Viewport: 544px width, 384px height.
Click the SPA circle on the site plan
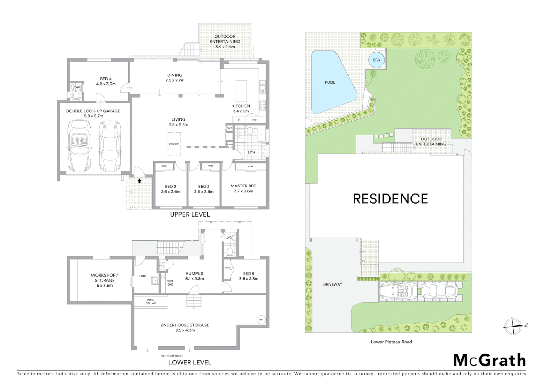pos(376,60)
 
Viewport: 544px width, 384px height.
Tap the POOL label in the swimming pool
pos(330,82)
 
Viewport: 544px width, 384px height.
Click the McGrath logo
pos(489,360)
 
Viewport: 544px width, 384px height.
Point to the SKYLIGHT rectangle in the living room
pos(174,144)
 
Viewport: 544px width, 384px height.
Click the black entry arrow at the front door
pos(140,181)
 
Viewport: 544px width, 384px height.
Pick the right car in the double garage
pos(109,146)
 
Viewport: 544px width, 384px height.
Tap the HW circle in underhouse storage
pos(261,319)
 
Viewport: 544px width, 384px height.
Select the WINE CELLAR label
pos(151,302)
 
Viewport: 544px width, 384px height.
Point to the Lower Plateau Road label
pos(391,342)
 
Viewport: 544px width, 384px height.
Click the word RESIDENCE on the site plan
pos(390,199)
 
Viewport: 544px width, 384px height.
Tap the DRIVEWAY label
pos(333,284)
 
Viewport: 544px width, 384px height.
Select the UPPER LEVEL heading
pos(190,214)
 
